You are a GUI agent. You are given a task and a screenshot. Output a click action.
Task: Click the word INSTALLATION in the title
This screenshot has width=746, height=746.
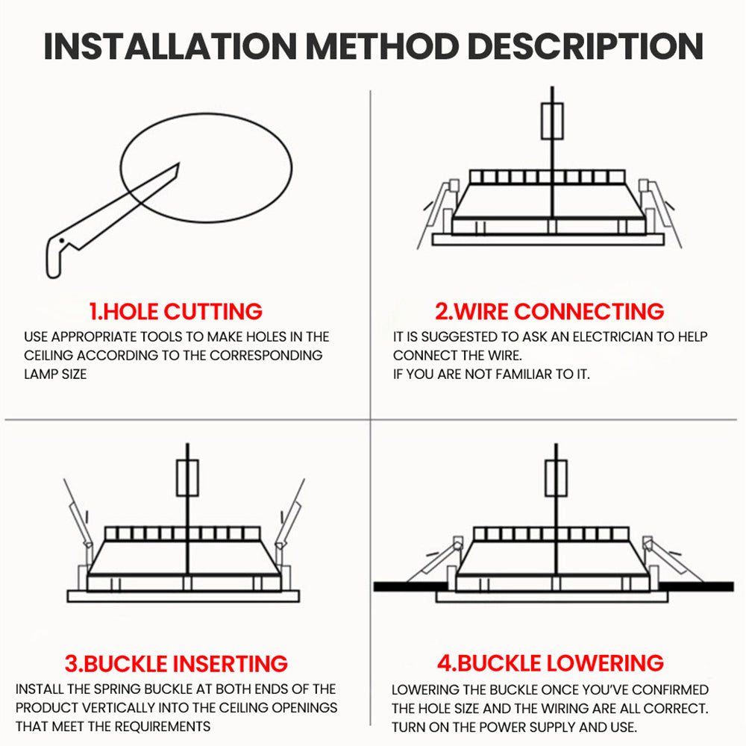(x=170, y=46)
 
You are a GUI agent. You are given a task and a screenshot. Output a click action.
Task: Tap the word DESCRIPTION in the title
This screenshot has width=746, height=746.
(x=585, y=46)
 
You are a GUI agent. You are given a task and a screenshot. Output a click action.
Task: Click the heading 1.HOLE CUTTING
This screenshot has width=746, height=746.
(x=175, y=312)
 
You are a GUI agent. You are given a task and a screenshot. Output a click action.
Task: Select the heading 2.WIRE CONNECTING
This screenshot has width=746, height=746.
(x=550, y=312)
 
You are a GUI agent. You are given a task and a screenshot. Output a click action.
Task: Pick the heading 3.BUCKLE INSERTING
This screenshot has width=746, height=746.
(x=176, y=664)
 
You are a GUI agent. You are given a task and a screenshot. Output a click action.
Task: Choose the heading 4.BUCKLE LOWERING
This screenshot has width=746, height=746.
(x=551, y=663)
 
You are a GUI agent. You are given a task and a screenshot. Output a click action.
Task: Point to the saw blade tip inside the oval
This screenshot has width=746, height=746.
(x=179, y=164)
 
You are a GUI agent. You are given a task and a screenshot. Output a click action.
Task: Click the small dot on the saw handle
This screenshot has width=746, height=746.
(x=61, y=241)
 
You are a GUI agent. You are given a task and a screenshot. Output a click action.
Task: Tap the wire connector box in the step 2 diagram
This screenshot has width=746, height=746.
(x=552, y=122)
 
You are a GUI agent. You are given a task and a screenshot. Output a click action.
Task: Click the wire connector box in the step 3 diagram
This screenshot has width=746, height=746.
(x=187, y=477)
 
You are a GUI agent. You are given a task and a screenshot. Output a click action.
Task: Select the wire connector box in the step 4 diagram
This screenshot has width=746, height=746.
(x=556, y=478)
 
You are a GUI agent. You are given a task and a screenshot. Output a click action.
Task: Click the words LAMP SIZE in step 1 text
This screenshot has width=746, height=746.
(x=55, y=374)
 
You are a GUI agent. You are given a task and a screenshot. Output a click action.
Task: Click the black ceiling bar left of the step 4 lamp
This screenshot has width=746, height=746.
(x=410, y=586)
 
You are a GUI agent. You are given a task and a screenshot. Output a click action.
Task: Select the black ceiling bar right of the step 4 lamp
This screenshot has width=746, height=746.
(x=696, y=586)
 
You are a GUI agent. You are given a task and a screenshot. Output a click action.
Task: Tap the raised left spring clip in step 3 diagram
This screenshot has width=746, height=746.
(x=77, y=514)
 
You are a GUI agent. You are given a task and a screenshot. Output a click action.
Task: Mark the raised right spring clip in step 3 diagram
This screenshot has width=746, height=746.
(x=290, y=514)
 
